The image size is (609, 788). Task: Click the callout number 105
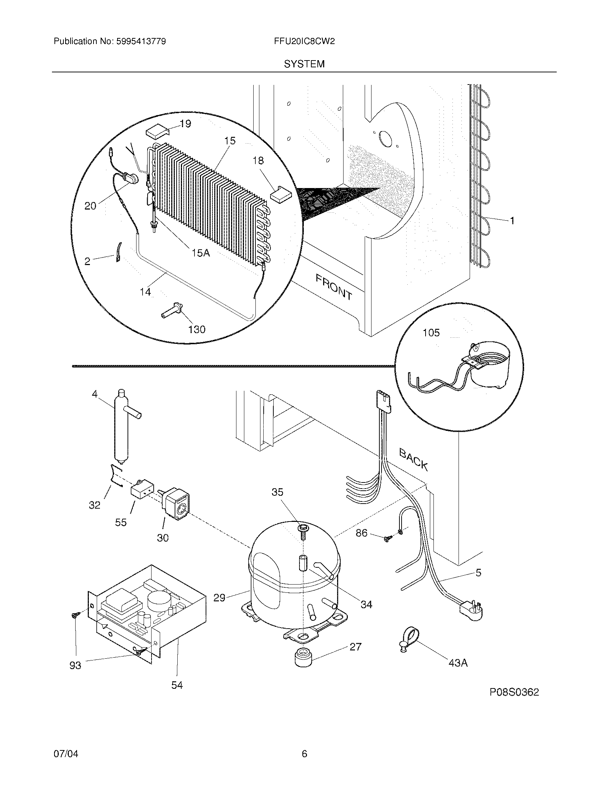coord(431,332)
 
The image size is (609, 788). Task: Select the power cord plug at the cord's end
coord(470,611)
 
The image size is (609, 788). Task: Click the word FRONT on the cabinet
coord(334,287)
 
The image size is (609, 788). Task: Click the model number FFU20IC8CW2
coord(304,42)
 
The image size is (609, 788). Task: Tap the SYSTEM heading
coord(304,64)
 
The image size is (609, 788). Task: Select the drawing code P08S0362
coord(514,692)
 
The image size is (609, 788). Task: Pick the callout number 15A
coord(200,253)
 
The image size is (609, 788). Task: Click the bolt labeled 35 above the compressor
coord(302,530)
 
